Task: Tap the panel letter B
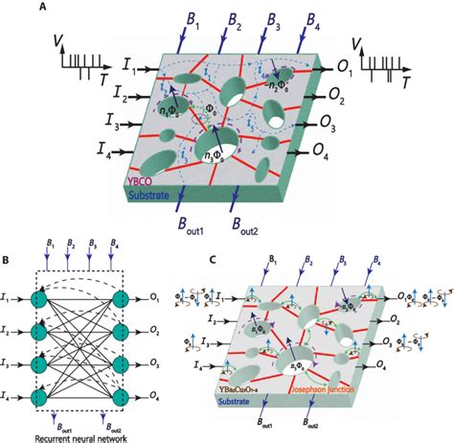[x=7, y=258]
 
